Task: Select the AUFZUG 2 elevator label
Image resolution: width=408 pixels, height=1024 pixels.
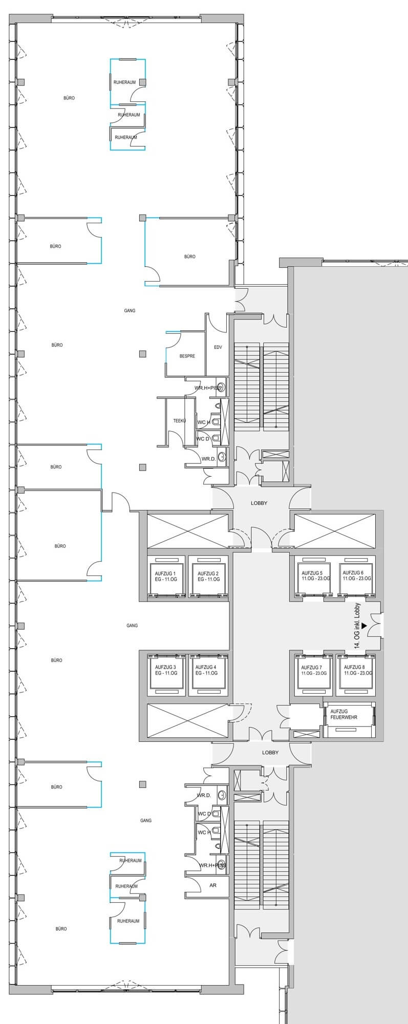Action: point(208,576)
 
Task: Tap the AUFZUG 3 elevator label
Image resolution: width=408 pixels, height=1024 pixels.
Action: point(166,670)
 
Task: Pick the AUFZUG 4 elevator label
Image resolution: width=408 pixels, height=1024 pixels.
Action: point(206,670)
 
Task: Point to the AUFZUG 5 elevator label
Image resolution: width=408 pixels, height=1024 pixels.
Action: point(316,575)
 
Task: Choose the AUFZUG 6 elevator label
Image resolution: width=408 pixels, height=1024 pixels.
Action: point(357,575)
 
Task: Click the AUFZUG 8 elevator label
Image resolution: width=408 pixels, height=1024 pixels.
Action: point(358,670)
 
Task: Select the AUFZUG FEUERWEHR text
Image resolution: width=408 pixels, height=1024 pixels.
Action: point(344,714)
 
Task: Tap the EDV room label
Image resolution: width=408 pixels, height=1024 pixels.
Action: point(218,347)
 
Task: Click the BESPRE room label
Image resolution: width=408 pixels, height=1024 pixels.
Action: point(187,356)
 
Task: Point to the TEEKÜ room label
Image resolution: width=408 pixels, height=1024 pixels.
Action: point(179,420)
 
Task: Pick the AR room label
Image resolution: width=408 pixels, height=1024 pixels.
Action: point(213,885)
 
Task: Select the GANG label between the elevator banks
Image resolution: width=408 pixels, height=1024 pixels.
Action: point(132,625)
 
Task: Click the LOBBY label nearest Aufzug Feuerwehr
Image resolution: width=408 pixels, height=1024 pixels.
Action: point(270,752)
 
